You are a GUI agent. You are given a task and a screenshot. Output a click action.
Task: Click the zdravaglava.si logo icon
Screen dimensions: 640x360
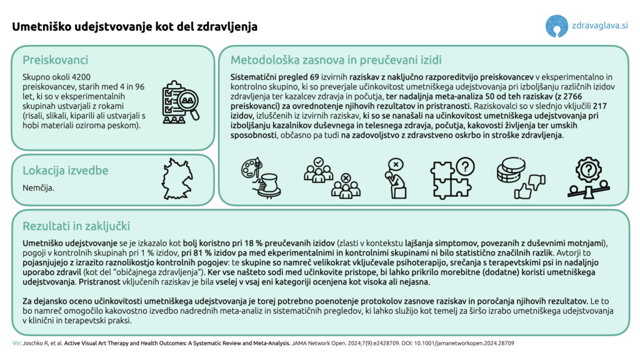557,26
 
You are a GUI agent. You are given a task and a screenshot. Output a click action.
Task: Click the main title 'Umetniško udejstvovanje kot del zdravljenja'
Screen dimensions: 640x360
135,27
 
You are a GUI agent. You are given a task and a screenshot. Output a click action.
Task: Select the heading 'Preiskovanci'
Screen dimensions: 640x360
55,60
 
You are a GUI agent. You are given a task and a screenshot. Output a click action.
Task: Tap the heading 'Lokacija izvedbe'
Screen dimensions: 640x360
66,170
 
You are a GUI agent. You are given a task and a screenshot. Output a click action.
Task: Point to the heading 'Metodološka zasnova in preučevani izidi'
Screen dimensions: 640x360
336,60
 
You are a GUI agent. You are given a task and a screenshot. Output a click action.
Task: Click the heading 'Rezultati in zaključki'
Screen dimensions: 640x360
76,226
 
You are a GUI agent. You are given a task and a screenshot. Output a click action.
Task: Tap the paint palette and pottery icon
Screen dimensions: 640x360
262,177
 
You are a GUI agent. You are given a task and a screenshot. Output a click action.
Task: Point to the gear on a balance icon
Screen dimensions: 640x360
587,177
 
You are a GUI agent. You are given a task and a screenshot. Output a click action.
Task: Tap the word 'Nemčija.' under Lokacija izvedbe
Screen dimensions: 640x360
38,187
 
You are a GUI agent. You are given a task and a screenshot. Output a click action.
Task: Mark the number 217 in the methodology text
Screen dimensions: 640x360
599,107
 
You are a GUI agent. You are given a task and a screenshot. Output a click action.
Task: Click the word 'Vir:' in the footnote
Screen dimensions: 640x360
16,343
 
